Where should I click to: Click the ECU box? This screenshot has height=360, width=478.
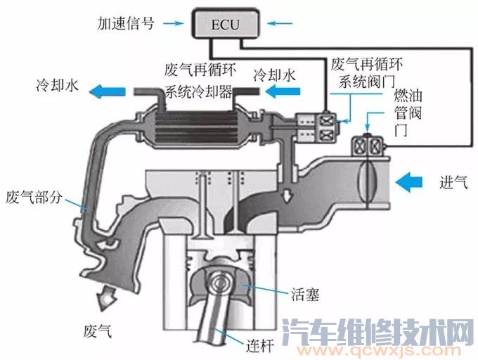(x=221, y=25)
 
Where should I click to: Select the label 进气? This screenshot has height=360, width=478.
(x=451, y=183)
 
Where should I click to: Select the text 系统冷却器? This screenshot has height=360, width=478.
(x=198, y=91)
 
